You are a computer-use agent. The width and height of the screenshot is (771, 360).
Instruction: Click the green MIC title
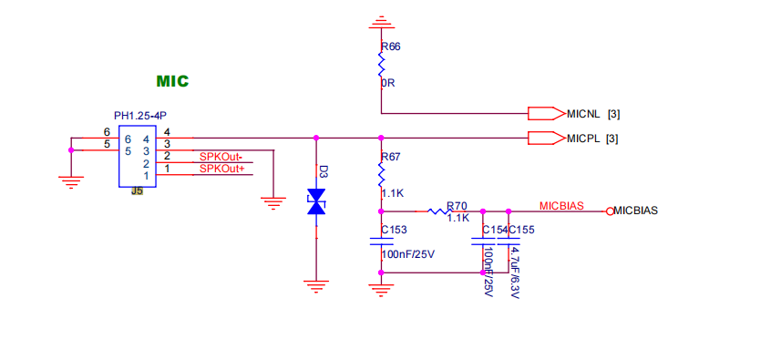[172, 80]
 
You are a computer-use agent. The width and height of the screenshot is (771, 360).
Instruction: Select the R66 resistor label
[391, 46]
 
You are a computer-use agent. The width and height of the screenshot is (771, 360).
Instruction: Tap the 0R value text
[388, 83]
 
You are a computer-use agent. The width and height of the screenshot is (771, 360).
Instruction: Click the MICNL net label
[583, 114]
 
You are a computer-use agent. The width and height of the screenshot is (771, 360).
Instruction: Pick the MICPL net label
[583, 139]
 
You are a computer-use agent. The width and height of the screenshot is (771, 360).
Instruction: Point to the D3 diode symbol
[316, 201]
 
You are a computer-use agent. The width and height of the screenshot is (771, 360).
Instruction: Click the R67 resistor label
[391, 158]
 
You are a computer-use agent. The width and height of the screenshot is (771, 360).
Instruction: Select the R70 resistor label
[457, 205]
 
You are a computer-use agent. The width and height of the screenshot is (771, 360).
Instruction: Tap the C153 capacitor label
[395, 230]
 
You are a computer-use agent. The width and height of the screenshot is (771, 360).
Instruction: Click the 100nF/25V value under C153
[408, 255]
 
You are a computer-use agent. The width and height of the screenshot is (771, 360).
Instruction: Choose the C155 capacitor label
[521, 230]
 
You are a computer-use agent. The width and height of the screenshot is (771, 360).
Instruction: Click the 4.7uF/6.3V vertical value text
[514, 273]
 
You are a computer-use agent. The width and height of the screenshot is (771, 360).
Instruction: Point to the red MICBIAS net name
[561, 206]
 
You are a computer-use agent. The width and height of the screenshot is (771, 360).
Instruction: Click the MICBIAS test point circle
[610, 211]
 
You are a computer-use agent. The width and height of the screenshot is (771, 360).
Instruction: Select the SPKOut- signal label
[221, 157]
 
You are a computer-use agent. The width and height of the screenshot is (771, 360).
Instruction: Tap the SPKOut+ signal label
[221, 170]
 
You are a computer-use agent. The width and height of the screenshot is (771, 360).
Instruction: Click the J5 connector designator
[137, 191]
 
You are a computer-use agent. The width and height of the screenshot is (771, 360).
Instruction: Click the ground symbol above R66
[380, 22]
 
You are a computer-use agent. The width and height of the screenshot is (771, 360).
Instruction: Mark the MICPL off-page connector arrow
[546, 139]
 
